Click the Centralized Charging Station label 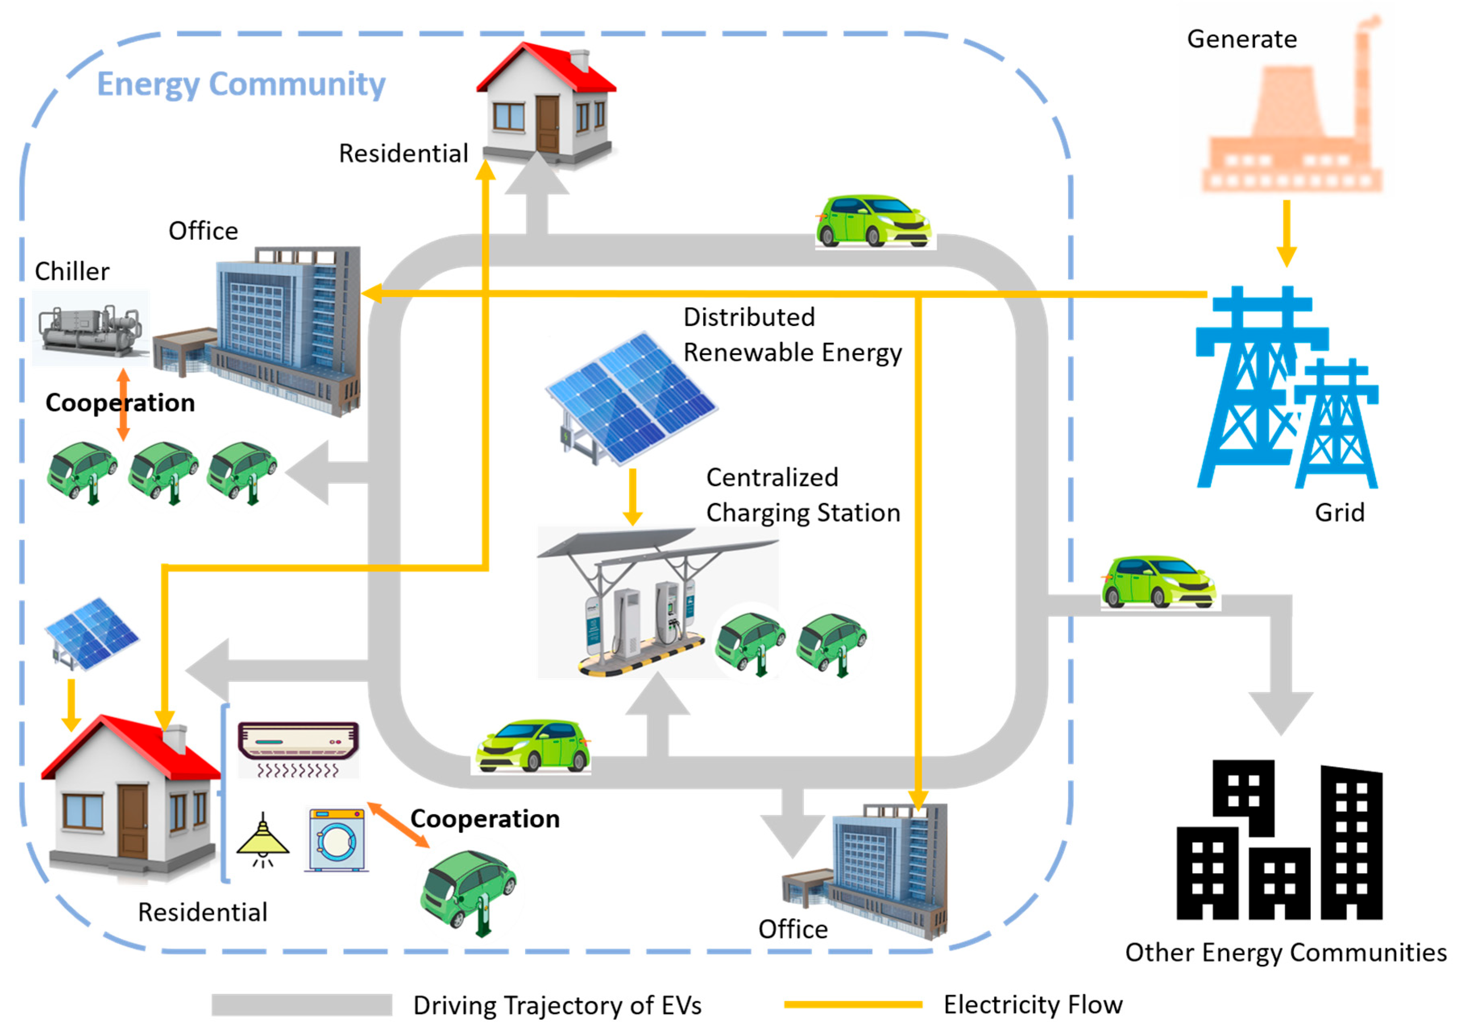click(803, 495)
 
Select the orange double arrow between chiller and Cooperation click(123, 404)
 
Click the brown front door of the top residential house click(547, 124)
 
